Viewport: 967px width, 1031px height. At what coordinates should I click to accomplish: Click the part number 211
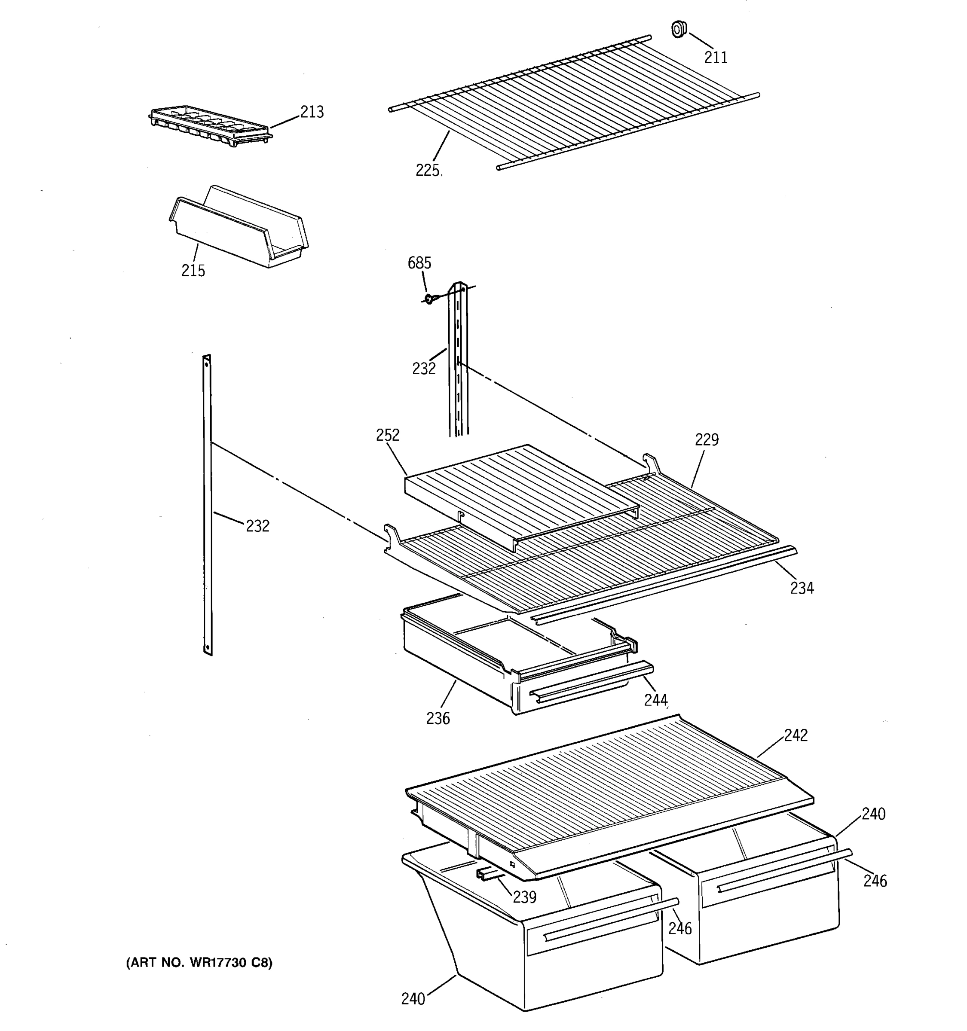(x=716, y=57)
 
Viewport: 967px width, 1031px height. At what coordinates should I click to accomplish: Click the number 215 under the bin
(x=193, y=270)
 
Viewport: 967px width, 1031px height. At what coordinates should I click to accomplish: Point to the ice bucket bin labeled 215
(x=239, y=228)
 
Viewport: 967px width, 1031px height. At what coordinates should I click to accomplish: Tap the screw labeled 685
(x=429, y=299)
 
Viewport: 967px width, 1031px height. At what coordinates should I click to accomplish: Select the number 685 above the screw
(x=419, y=263)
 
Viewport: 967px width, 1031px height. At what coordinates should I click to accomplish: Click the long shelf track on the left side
(x=208, y=506)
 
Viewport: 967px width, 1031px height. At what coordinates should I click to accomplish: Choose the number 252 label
(x=388, y=435)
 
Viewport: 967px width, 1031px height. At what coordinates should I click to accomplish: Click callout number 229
(x=707, y=440)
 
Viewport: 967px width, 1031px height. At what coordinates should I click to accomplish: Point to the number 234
(x=802, y=588)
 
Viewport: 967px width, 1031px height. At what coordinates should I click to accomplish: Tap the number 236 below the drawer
(x=438, y=718)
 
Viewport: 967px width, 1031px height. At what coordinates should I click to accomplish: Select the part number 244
(x=655, y=700)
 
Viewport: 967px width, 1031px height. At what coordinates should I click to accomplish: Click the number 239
(x=524, y=897)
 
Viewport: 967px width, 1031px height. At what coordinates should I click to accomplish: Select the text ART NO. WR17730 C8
(x=199, y=963)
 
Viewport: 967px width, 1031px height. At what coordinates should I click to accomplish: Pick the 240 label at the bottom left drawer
(x=413, y=998)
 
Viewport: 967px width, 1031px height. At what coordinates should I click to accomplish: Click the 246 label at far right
(x=875, y=881)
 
